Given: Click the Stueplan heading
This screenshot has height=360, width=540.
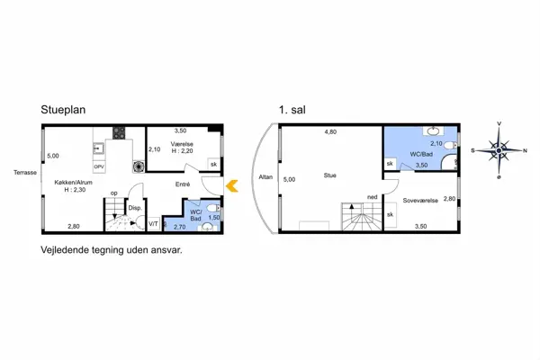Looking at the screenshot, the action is tap(63, 110).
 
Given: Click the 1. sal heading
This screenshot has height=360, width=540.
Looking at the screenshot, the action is tap(292, 110).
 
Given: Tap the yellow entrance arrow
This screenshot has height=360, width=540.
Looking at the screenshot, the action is tap(232, 186).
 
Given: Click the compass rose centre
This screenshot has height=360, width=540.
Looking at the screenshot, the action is tap(499, 150).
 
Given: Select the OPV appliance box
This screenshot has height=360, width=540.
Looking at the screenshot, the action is tap(99, 166).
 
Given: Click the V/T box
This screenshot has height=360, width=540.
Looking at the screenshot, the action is tap(154, 224).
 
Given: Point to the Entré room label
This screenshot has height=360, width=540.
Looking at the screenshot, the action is tap(183, 184).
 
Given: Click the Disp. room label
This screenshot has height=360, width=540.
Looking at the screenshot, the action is tap(135, 208).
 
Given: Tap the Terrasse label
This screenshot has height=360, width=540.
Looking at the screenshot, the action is tap(25, 173).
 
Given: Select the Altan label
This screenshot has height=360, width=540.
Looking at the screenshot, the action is tap(265, 177).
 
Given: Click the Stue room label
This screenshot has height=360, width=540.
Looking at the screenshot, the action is tap(330, 175).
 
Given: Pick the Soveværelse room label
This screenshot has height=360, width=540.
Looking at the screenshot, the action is tap(420, 201).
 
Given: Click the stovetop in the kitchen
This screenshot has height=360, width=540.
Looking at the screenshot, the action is tap(119, 133).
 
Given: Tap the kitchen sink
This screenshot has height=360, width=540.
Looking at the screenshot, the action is tap(98, 148).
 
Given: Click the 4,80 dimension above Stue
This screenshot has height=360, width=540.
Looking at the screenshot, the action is tap(330, 132).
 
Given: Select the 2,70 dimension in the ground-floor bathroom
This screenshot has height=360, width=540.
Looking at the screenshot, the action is tap(179, 227).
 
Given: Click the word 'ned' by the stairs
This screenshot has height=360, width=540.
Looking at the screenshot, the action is tap(373, 197).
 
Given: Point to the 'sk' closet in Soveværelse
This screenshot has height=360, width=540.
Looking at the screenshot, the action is tap(391, 214).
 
